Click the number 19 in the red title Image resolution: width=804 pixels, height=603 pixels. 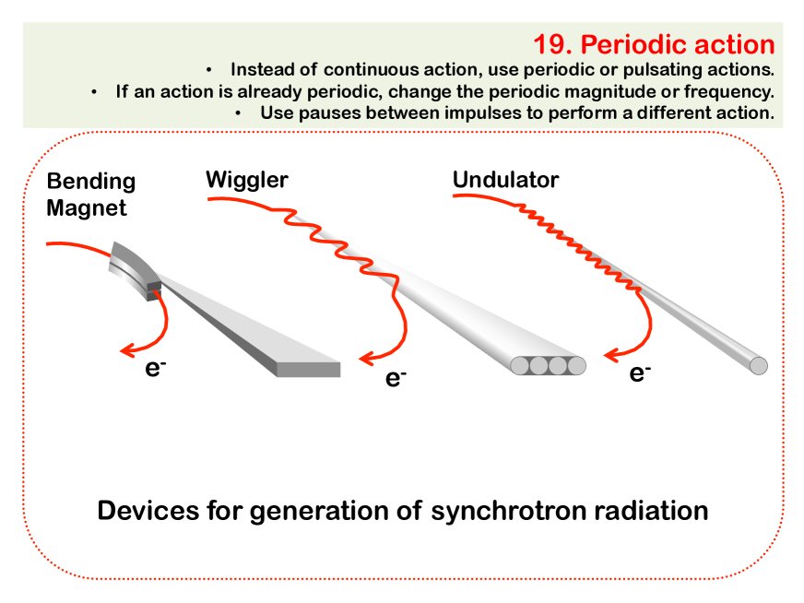[553, 44]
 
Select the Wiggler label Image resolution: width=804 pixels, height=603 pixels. [246, 181]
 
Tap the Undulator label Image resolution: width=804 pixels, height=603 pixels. [505, 180]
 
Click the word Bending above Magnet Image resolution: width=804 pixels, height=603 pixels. [91, 182]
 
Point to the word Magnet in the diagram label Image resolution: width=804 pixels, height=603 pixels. [86, 208]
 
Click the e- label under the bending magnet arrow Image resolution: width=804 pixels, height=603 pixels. [156, 368]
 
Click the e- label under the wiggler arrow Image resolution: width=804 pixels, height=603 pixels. [396, 378]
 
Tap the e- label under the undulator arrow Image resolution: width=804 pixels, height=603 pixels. [640, 372]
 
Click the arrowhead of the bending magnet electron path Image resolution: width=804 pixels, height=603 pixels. [127, 350]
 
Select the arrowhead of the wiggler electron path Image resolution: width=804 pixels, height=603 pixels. [367, 358]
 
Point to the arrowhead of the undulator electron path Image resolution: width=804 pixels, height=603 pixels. [612, 354]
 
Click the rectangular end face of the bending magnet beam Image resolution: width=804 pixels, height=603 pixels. [308, 369]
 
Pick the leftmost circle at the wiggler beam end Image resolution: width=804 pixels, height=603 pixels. [520, 366]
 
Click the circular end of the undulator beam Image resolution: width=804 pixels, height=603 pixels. [759, 366]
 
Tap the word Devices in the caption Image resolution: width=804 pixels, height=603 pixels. [148, 511]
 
